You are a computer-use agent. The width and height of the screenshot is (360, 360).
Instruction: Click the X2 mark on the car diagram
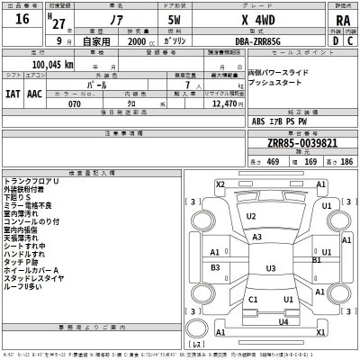pos(220,184)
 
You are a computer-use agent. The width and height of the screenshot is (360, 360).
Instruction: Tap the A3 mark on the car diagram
pos(257,237)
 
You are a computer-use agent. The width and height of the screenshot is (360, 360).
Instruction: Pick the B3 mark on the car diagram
pos(216,268)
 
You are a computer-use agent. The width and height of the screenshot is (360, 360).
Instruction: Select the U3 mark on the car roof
pos(270,268)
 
